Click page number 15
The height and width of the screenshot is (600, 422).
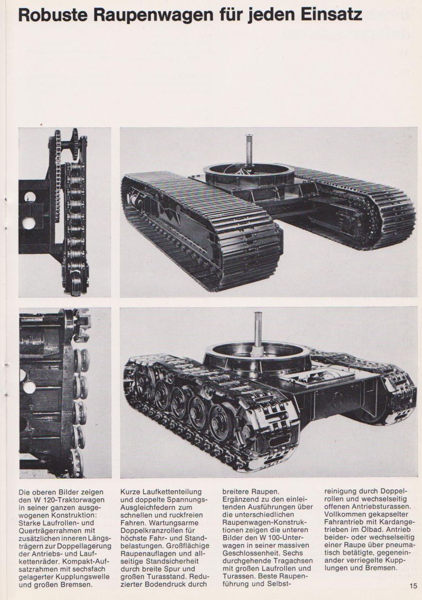tap(413, 585)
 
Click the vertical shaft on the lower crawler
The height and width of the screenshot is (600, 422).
tap(258, 329)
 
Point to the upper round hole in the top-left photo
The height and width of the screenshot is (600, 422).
tap(30, 197)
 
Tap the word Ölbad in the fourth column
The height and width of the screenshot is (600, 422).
tap(384, 530)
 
